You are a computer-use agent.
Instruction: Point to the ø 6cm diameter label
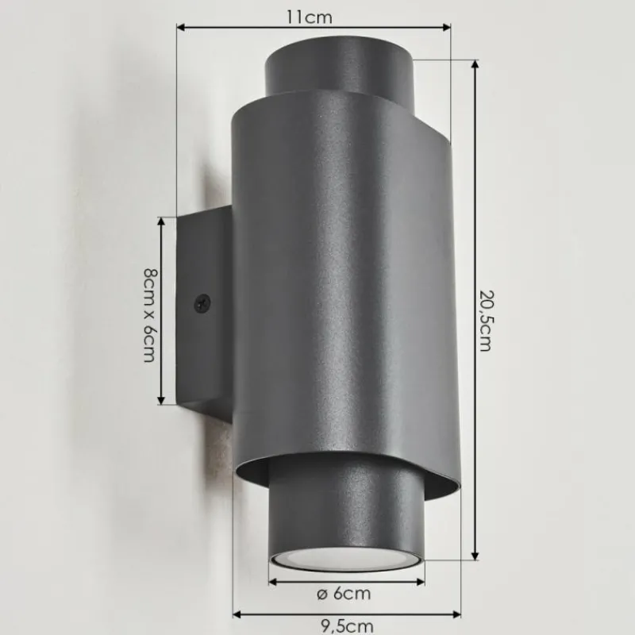pyautogui.click(x=344, y=593)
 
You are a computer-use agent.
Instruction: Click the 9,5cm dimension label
pyautogui.click(x=348, y=626)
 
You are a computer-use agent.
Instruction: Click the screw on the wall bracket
pyautogui.click(x=202, y=302)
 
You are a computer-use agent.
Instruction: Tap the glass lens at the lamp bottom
pyautogui.click(x=347, y=557)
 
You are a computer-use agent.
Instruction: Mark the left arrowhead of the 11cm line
pyautogui.click(x=179, y=28)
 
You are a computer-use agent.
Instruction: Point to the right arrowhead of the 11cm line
pyautogui.click(x=448, y=28)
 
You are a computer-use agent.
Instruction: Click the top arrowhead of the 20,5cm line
pyautogui.click(x=475, y=64)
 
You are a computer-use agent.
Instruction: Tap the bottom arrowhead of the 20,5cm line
pyautogui.click(x=475, y=557)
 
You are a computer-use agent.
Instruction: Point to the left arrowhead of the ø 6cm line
pyautogui.click(x=272, y=581)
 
